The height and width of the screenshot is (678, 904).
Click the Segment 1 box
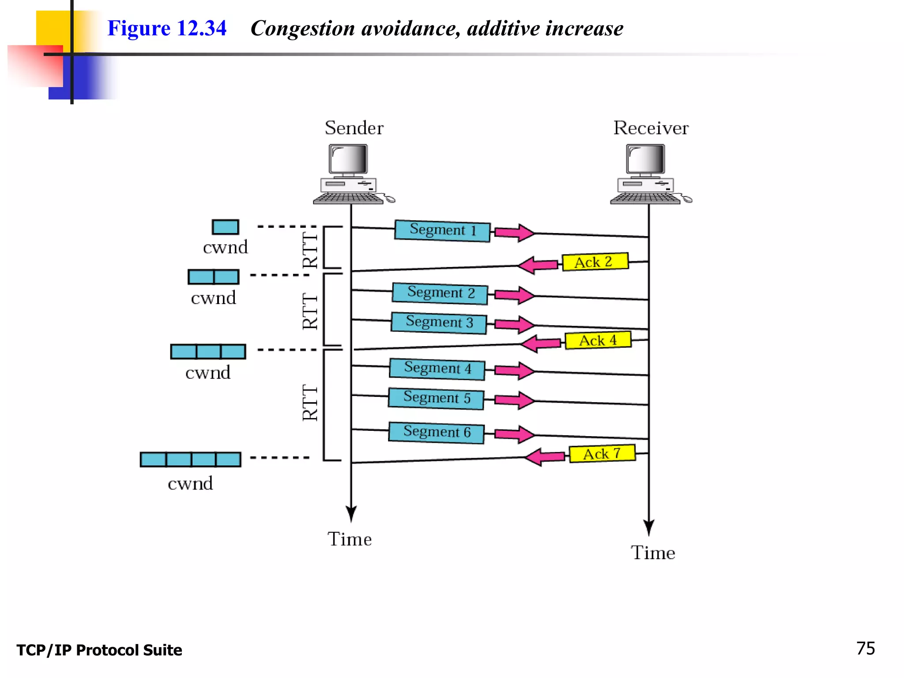click(442, 230)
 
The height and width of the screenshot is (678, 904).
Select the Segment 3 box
click(439, 323)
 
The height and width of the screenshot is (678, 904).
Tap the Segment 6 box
click(436, 432)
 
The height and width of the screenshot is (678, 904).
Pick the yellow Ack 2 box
click(595, 262)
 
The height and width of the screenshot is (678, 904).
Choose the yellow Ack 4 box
click(598, 340)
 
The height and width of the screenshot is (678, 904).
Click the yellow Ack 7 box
click(602, 454)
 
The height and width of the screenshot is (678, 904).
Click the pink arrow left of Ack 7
click(544, 457)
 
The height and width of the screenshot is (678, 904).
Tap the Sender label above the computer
click(354, 128)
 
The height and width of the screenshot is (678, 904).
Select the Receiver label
click(651, 128)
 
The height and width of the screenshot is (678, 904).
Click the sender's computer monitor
click(348, 159)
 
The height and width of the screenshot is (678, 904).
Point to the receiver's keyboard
click(645, 199)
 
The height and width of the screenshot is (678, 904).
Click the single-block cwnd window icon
click(225, 227)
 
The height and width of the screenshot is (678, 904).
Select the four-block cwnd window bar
click(191, 460)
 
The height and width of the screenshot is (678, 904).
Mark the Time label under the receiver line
click(652, 553)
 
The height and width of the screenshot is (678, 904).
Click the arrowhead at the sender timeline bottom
click(351, 515)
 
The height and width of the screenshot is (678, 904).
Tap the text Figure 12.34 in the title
click(167, 29)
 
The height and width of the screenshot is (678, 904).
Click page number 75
click(865, 648)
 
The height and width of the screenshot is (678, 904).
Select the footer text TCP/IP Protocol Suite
click(99, 650)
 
